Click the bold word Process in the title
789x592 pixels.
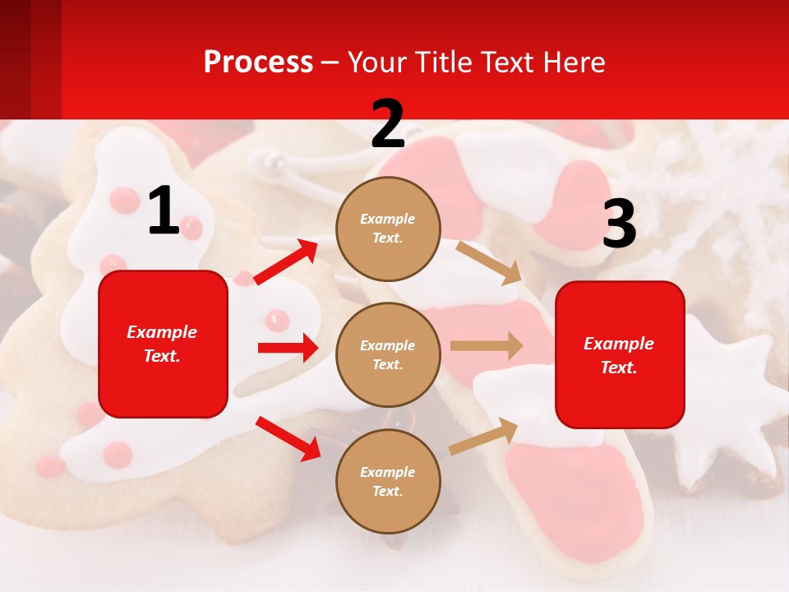tap(258, 62)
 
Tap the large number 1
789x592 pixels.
tap(164, 211)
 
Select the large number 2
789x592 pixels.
tap(388, 124)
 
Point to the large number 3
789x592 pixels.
tap(619, 224)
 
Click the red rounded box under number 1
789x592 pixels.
tap(163, 344)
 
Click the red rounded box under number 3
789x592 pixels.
tap(620, 354)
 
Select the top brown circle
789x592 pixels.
tap(388, 229)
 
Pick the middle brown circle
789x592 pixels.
tap(388, 354)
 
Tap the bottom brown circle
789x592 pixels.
tap(388, 481)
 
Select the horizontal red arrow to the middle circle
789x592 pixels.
tap(288, 348)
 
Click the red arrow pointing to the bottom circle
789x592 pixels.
tap(288, 438)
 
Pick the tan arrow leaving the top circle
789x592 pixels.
tap(489, 262)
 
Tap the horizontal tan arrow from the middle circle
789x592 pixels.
tap(487, 345)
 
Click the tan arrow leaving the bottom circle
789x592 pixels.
tap(483, 436)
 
